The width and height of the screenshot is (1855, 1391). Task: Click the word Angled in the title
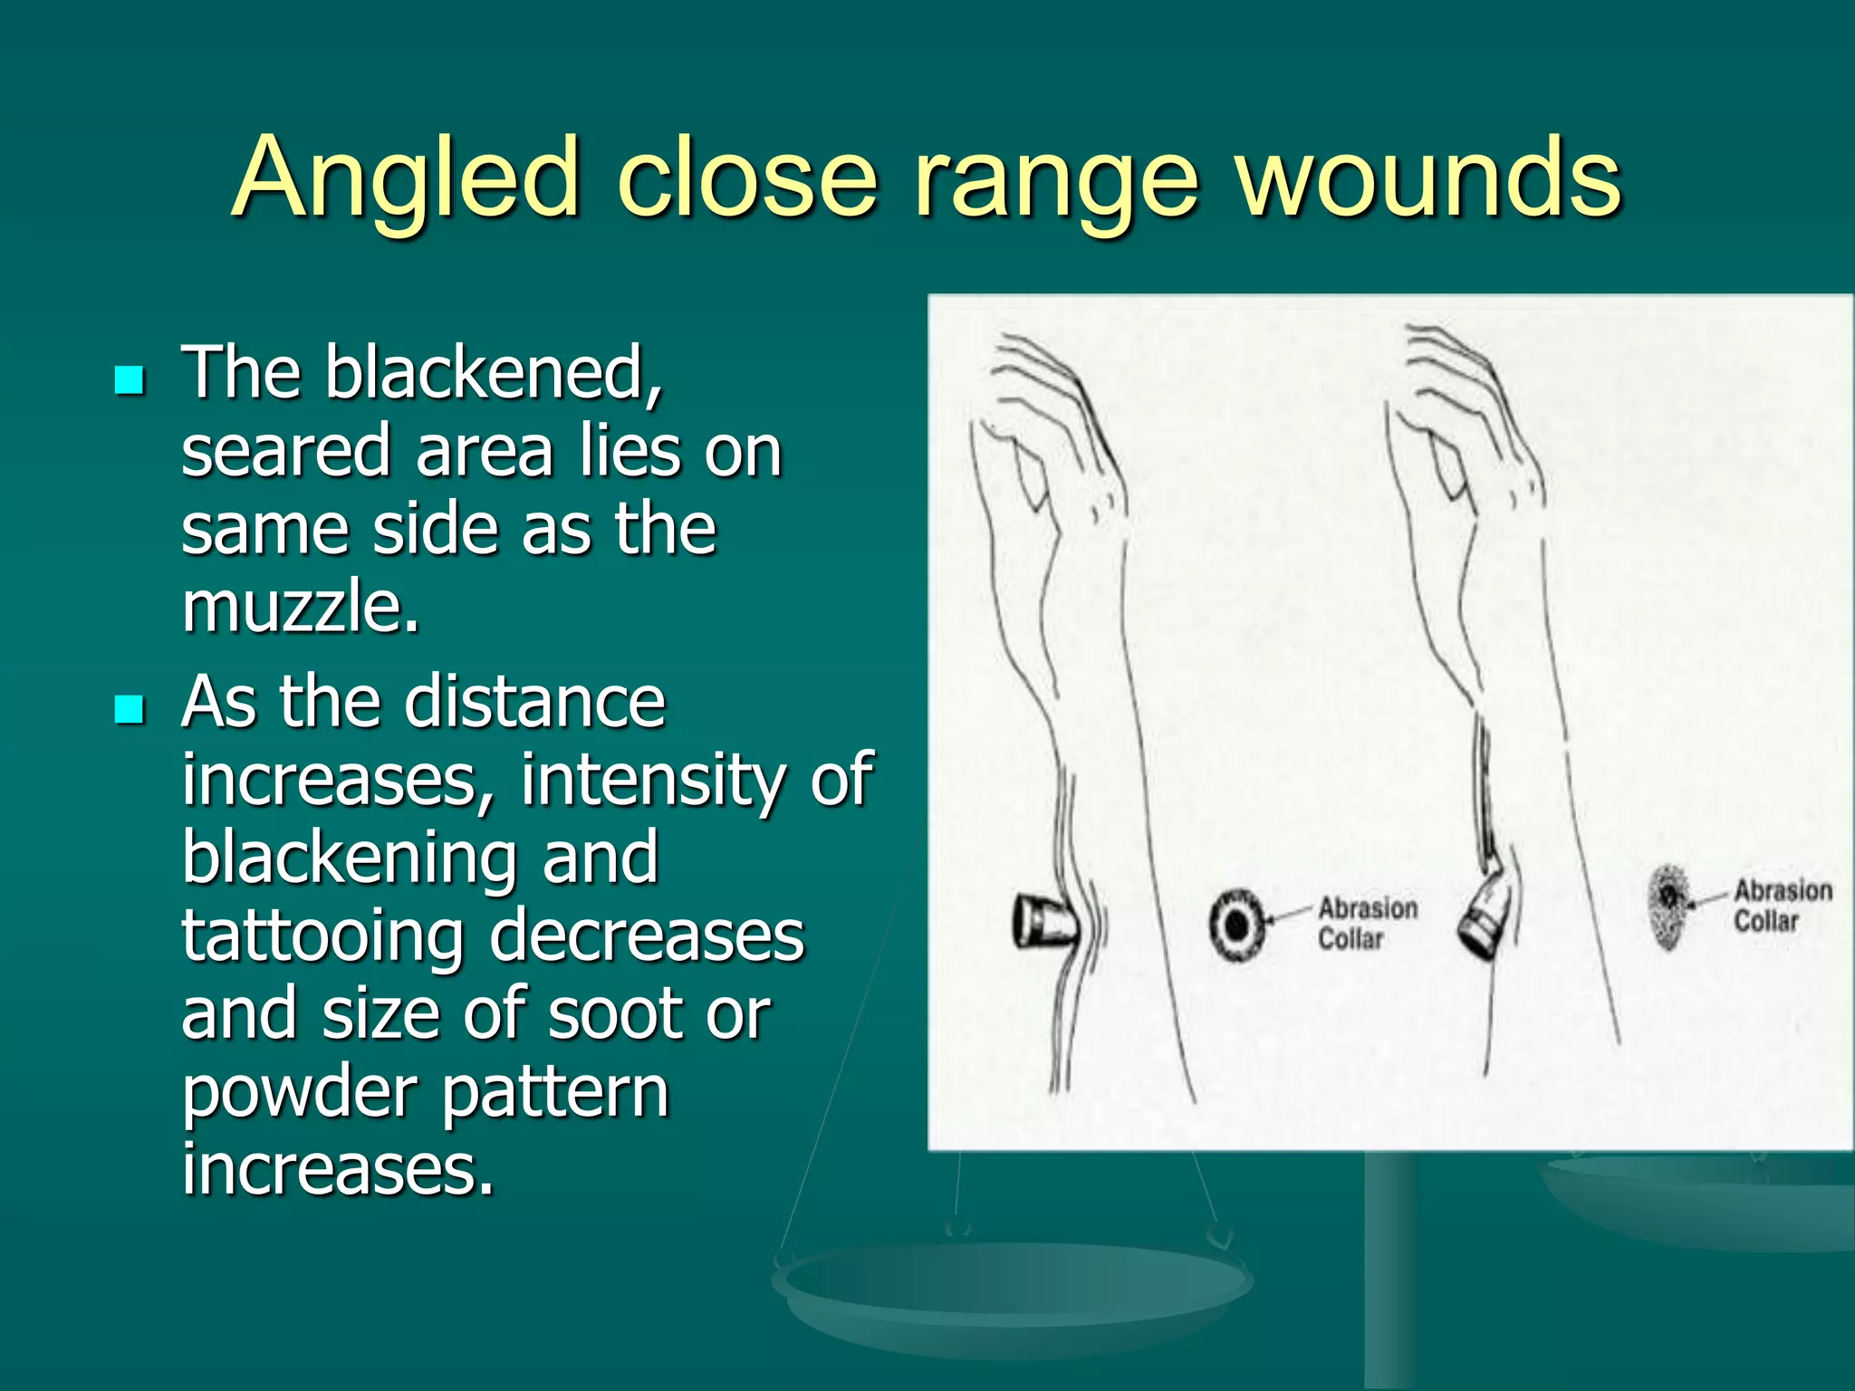(x=405, y=177)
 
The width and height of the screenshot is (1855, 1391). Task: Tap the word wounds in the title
(x=1429, y=177)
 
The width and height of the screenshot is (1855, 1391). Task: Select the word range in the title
(x=1056, y=181)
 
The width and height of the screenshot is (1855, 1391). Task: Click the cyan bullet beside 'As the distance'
(x=130, y=709)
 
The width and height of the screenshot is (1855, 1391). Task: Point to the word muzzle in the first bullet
(x=300, y=606)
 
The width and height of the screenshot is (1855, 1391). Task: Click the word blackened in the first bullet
(x=494, y=372)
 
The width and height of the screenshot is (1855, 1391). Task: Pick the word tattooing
(x=323, y=937)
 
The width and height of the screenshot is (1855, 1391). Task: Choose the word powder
(x=300, y=1092)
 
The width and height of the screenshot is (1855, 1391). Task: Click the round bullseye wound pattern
(x=1236, y=925)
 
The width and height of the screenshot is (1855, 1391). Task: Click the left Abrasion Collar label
(x=1366, y=923)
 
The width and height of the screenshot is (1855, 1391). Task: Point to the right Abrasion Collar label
(x=1782, y=906)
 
